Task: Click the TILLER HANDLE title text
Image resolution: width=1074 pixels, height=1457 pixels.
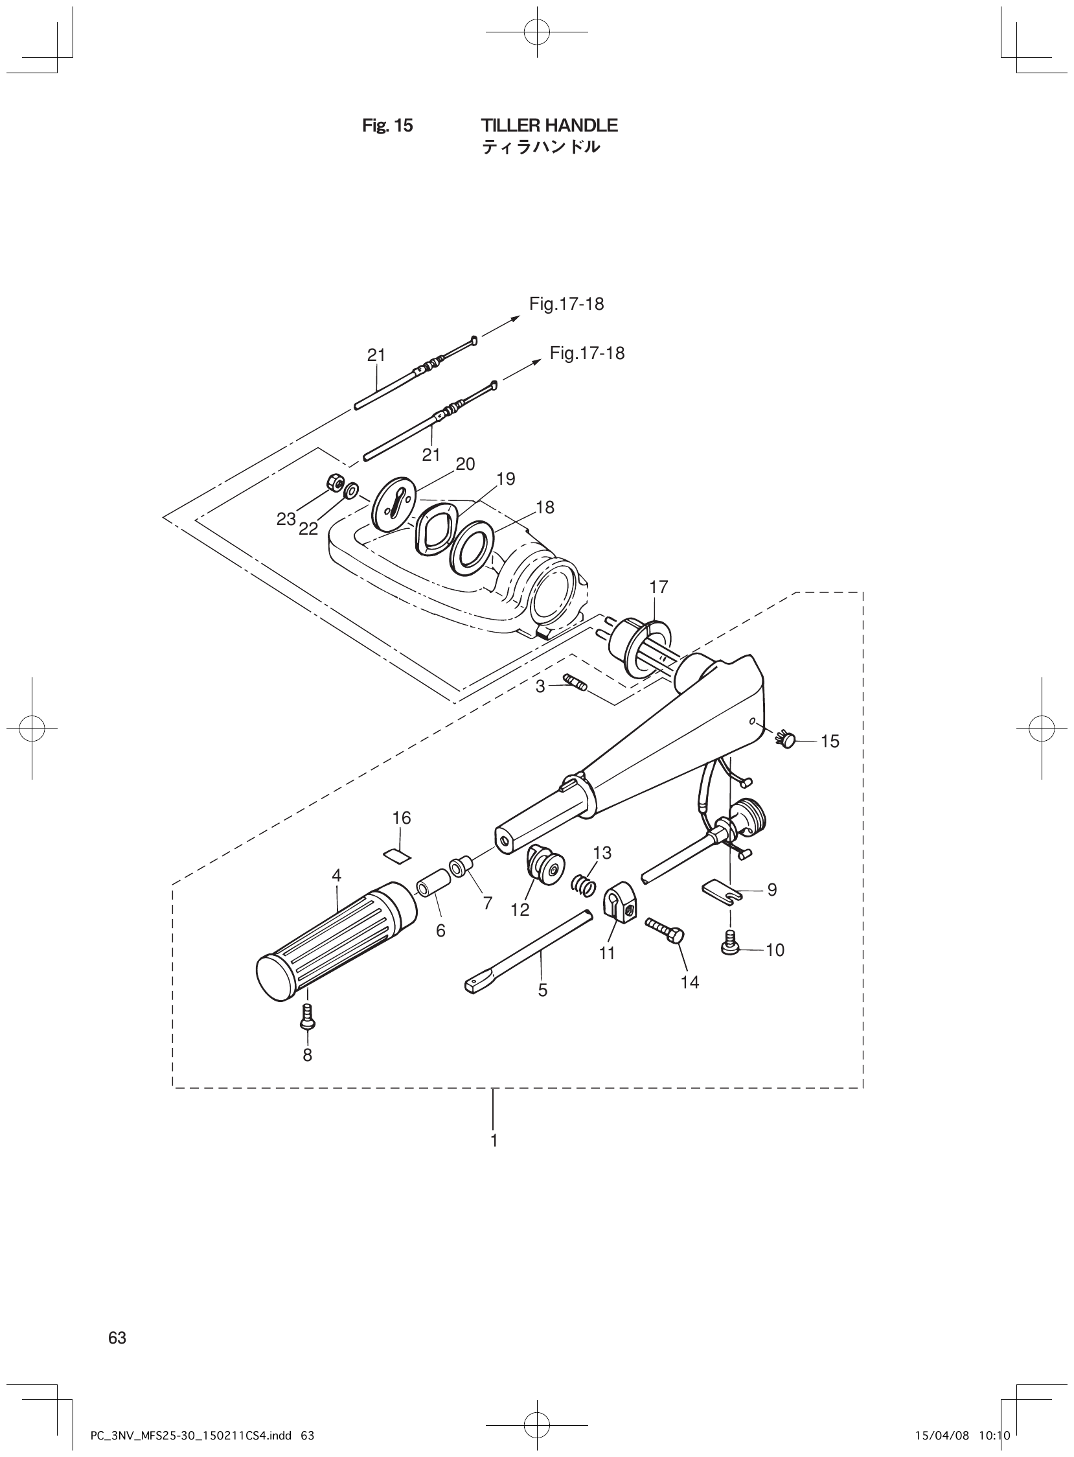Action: tap(549, 125)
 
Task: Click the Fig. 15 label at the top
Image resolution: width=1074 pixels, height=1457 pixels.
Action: tap(387, 126)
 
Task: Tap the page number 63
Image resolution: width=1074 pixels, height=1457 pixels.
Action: tap(117, 1337)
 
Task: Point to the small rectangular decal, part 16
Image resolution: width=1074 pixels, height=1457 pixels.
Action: tap(396, 854)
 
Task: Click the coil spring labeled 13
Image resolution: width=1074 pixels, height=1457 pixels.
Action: tap(584, 884)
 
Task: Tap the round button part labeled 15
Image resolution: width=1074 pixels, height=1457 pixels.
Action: tap(788, 740)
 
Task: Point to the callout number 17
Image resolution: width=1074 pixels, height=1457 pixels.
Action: tap(658, 587)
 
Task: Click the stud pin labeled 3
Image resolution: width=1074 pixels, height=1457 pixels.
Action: tap(575, 684)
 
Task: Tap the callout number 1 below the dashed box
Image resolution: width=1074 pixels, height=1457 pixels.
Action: tap(494, 1141)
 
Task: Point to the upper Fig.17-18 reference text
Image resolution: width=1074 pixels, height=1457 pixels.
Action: tap(566, 304)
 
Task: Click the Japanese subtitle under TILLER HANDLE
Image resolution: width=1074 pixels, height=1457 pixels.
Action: tap(540, 148)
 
